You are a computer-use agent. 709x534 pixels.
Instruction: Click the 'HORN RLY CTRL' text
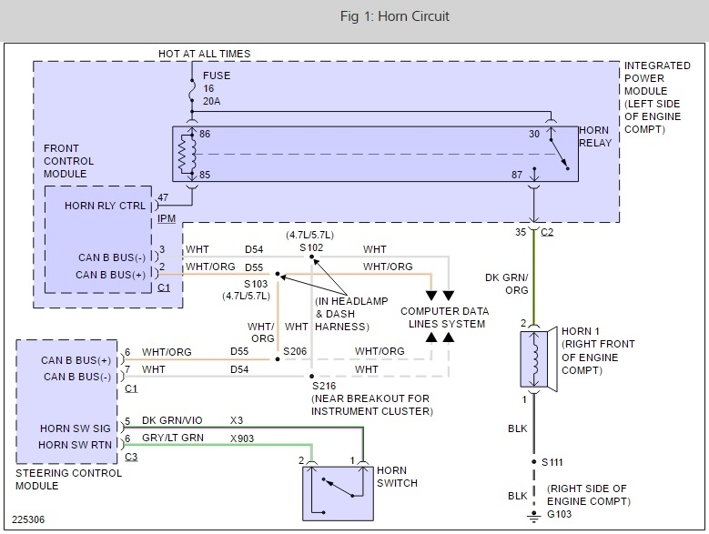coord(104,206)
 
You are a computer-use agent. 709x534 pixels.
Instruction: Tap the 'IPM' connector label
coord(166,219)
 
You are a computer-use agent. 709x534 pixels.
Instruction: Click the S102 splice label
coord(312,248)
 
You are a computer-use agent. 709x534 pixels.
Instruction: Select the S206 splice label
coord(295,350)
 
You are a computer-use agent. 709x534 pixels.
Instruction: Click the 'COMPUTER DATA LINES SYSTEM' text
coord(444,317)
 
